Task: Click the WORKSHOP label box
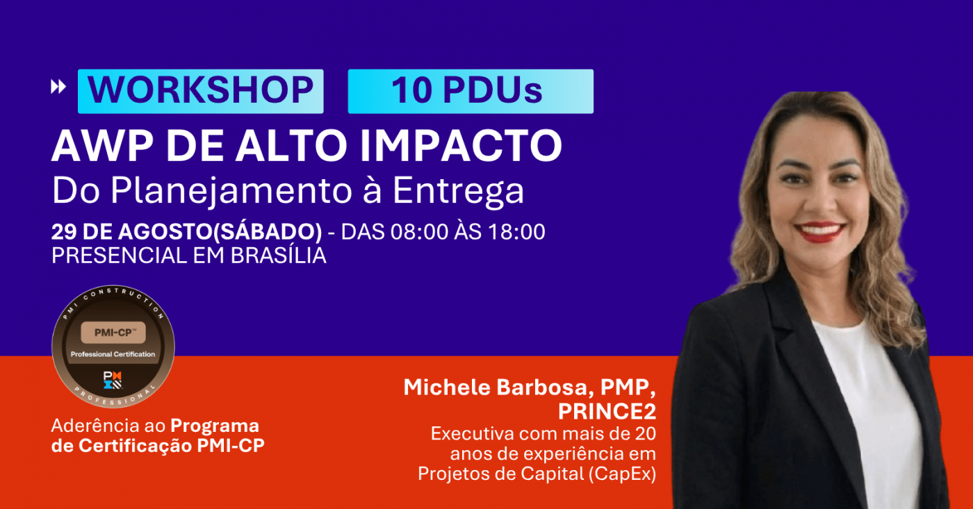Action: pyautogui.click(x=201, y=91)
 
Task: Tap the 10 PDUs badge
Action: pyautogui.click(x=471, y=91)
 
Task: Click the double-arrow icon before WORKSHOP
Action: pyautogui.click(x=58, y=87)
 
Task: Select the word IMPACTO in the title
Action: pyautogui.click(x=461, y=145)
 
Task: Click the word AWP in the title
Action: pyautogui.click(x=103, y=145)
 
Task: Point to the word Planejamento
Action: pyautogui.click(x=231, y=191)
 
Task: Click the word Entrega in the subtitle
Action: pyautogui.click(x=458, y=191)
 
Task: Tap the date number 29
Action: pyautogui.click(x=64, y=232)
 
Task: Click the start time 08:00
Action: pyautogui.click(x=419, y=232)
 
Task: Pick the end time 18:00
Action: pyautogui.click(x=516, y=232)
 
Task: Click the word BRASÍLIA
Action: pyautogui.click(x=279, y=255)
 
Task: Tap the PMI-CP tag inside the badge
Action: pyautogui.click(x=113, y=333)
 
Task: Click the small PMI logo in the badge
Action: pyautogui.click(x=113, y=380)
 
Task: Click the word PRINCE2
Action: pyautogui.click(x=607, y=411)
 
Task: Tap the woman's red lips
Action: pyautogui.click(x=819, y=232)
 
